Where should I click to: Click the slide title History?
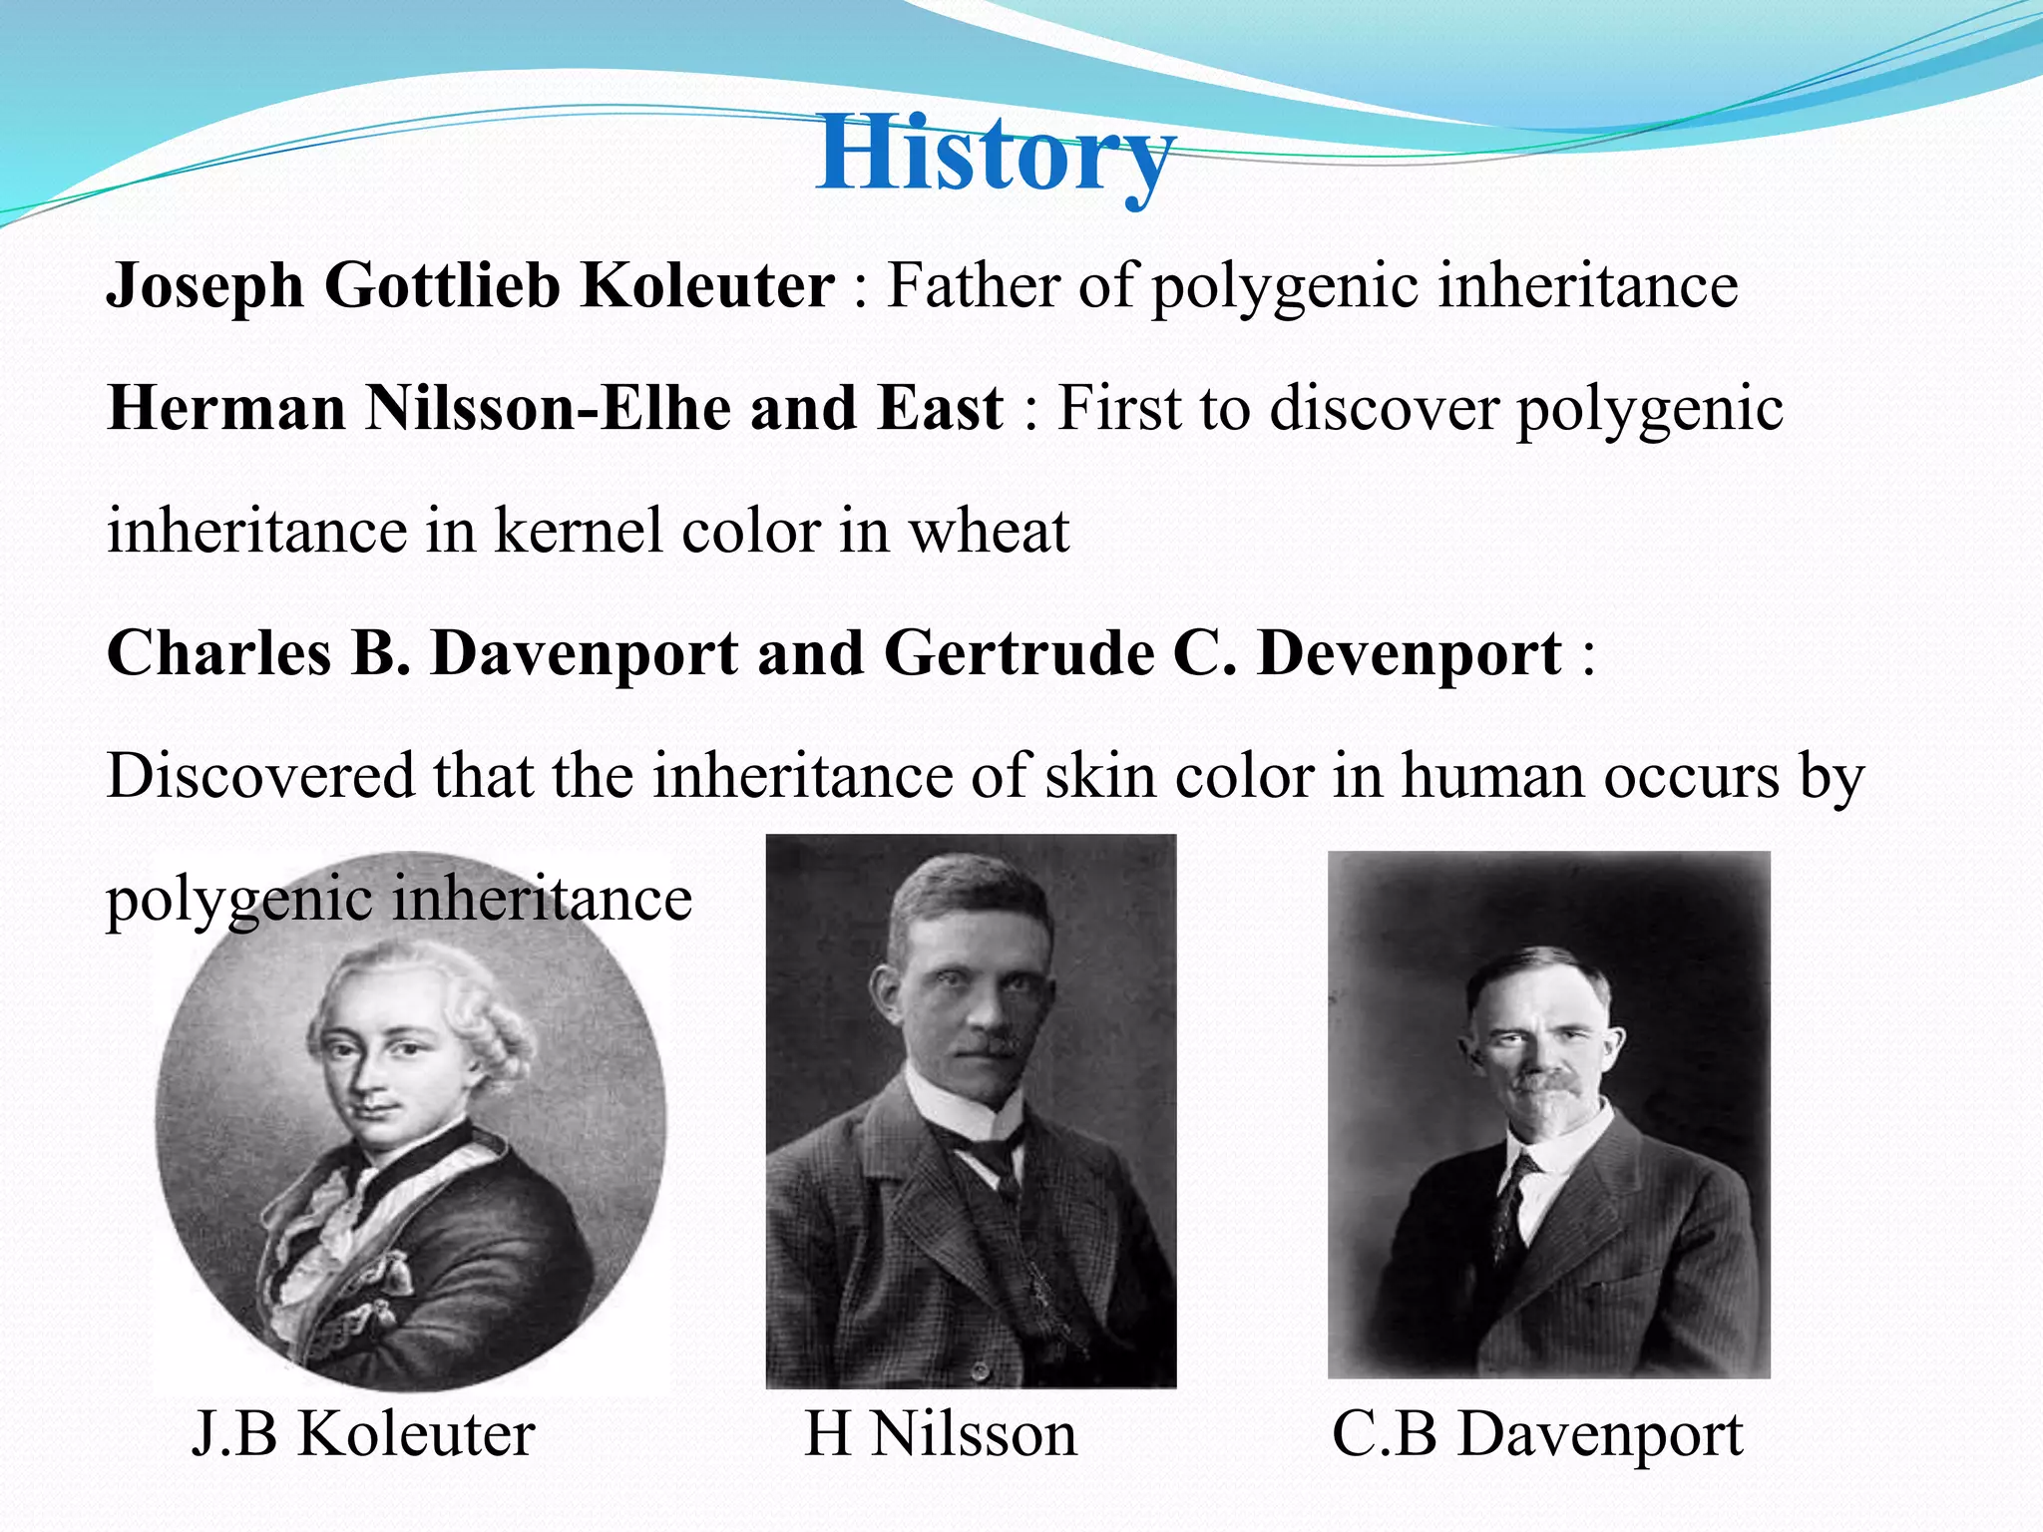994,155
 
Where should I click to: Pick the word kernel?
579,531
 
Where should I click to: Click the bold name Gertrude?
1019,654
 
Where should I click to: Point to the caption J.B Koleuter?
363,1434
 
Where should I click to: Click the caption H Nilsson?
941,1434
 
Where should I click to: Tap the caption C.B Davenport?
1537,1434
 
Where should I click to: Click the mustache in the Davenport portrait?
1541,1083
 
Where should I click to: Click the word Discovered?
260,776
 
